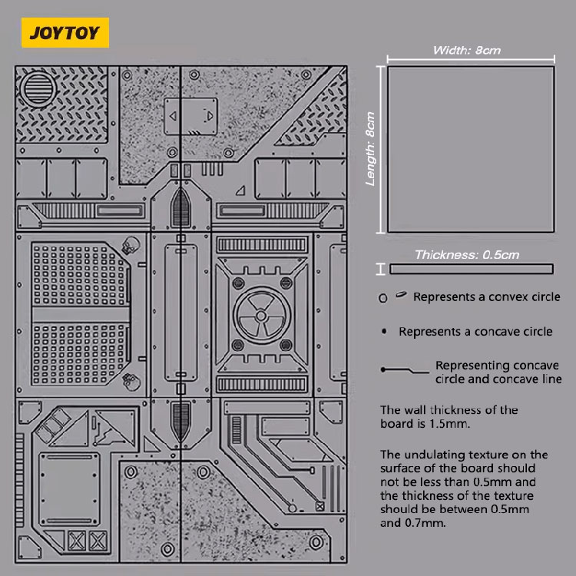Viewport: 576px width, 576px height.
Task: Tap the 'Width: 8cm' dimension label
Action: pyautogui.click(x=467, y=51)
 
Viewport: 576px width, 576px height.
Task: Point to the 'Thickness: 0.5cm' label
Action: pyautogui.click(x=467, y=254)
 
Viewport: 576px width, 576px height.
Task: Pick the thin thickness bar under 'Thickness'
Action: pyautogui.click(x=471, y=269)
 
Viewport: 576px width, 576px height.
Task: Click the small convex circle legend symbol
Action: pyautogui.click(x=382, y=298)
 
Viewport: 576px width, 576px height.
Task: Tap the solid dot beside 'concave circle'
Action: pyautogui.click(x=384, y=332)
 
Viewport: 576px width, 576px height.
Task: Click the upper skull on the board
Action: pyautogui.click(x=129, y=247)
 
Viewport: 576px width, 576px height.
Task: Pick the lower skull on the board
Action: pyautogui.click(x=130, y=379)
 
